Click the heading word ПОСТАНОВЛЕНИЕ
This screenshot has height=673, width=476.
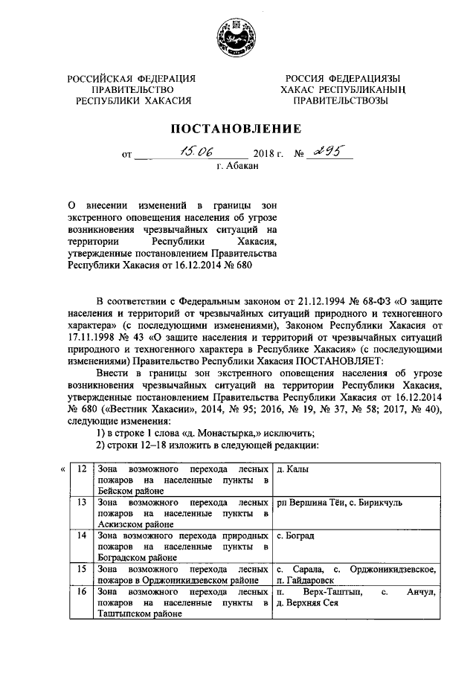click(237, 129)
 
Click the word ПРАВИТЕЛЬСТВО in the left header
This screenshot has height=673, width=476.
click(132, 90)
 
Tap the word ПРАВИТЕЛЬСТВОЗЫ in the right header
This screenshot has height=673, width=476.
click(341, 101)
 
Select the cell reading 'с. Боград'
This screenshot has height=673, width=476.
click(295, 535)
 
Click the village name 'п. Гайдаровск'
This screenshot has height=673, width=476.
click(304, 580)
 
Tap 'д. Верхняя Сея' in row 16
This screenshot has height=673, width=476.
click(306, 603)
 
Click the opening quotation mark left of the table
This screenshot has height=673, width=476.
click(62, 468)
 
